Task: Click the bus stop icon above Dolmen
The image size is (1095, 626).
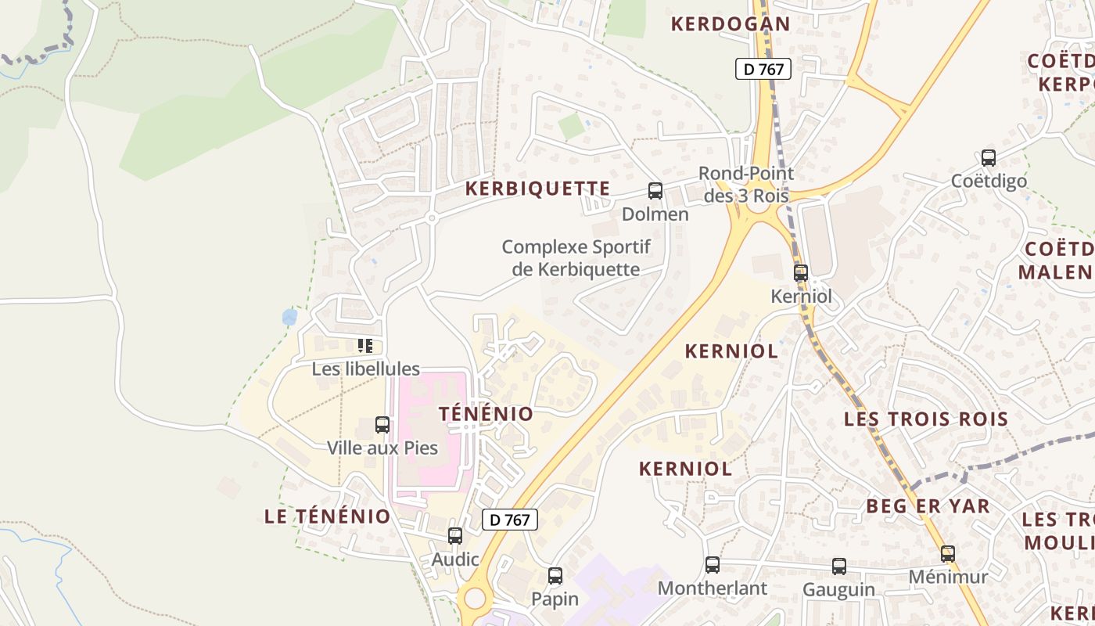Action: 655,190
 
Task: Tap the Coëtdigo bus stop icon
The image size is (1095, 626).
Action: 989,158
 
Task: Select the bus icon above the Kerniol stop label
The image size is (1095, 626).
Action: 800,273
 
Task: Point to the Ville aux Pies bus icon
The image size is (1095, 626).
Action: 382,425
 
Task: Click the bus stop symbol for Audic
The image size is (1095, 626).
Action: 455,536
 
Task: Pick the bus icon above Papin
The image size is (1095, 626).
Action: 555,576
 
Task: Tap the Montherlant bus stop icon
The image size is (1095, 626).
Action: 713,565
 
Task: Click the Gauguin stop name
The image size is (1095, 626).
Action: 838,589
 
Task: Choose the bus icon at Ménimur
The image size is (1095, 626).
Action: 948,554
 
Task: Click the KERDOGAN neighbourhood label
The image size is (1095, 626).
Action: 731,23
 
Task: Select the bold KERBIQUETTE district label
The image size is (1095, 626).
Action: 537,189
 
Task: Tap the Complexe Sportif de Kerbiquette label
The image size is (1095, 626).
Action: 576,258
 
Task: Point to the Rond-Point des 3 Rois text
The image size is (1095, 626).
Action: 746,184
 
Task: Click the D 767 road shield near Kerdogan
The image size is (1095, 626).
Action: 764,69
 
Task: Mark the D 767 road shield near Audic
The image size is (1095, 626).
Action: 510,520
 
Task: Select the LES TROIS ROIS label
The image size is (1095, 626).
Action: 926,419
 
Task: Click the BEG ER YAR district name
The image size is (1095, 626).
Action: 928,506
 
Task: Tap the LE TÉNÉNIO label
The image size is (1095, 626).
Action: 327,516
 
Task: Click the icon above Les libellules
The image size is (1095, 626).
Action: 364,345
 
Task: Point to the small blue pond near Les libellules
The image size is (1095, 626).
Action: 289,317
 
